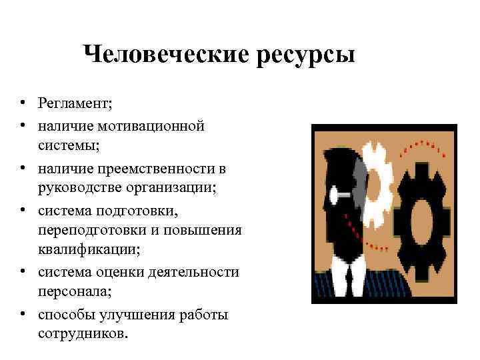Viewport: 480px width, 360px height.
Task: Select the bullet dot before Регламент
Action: click(23, 103)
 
